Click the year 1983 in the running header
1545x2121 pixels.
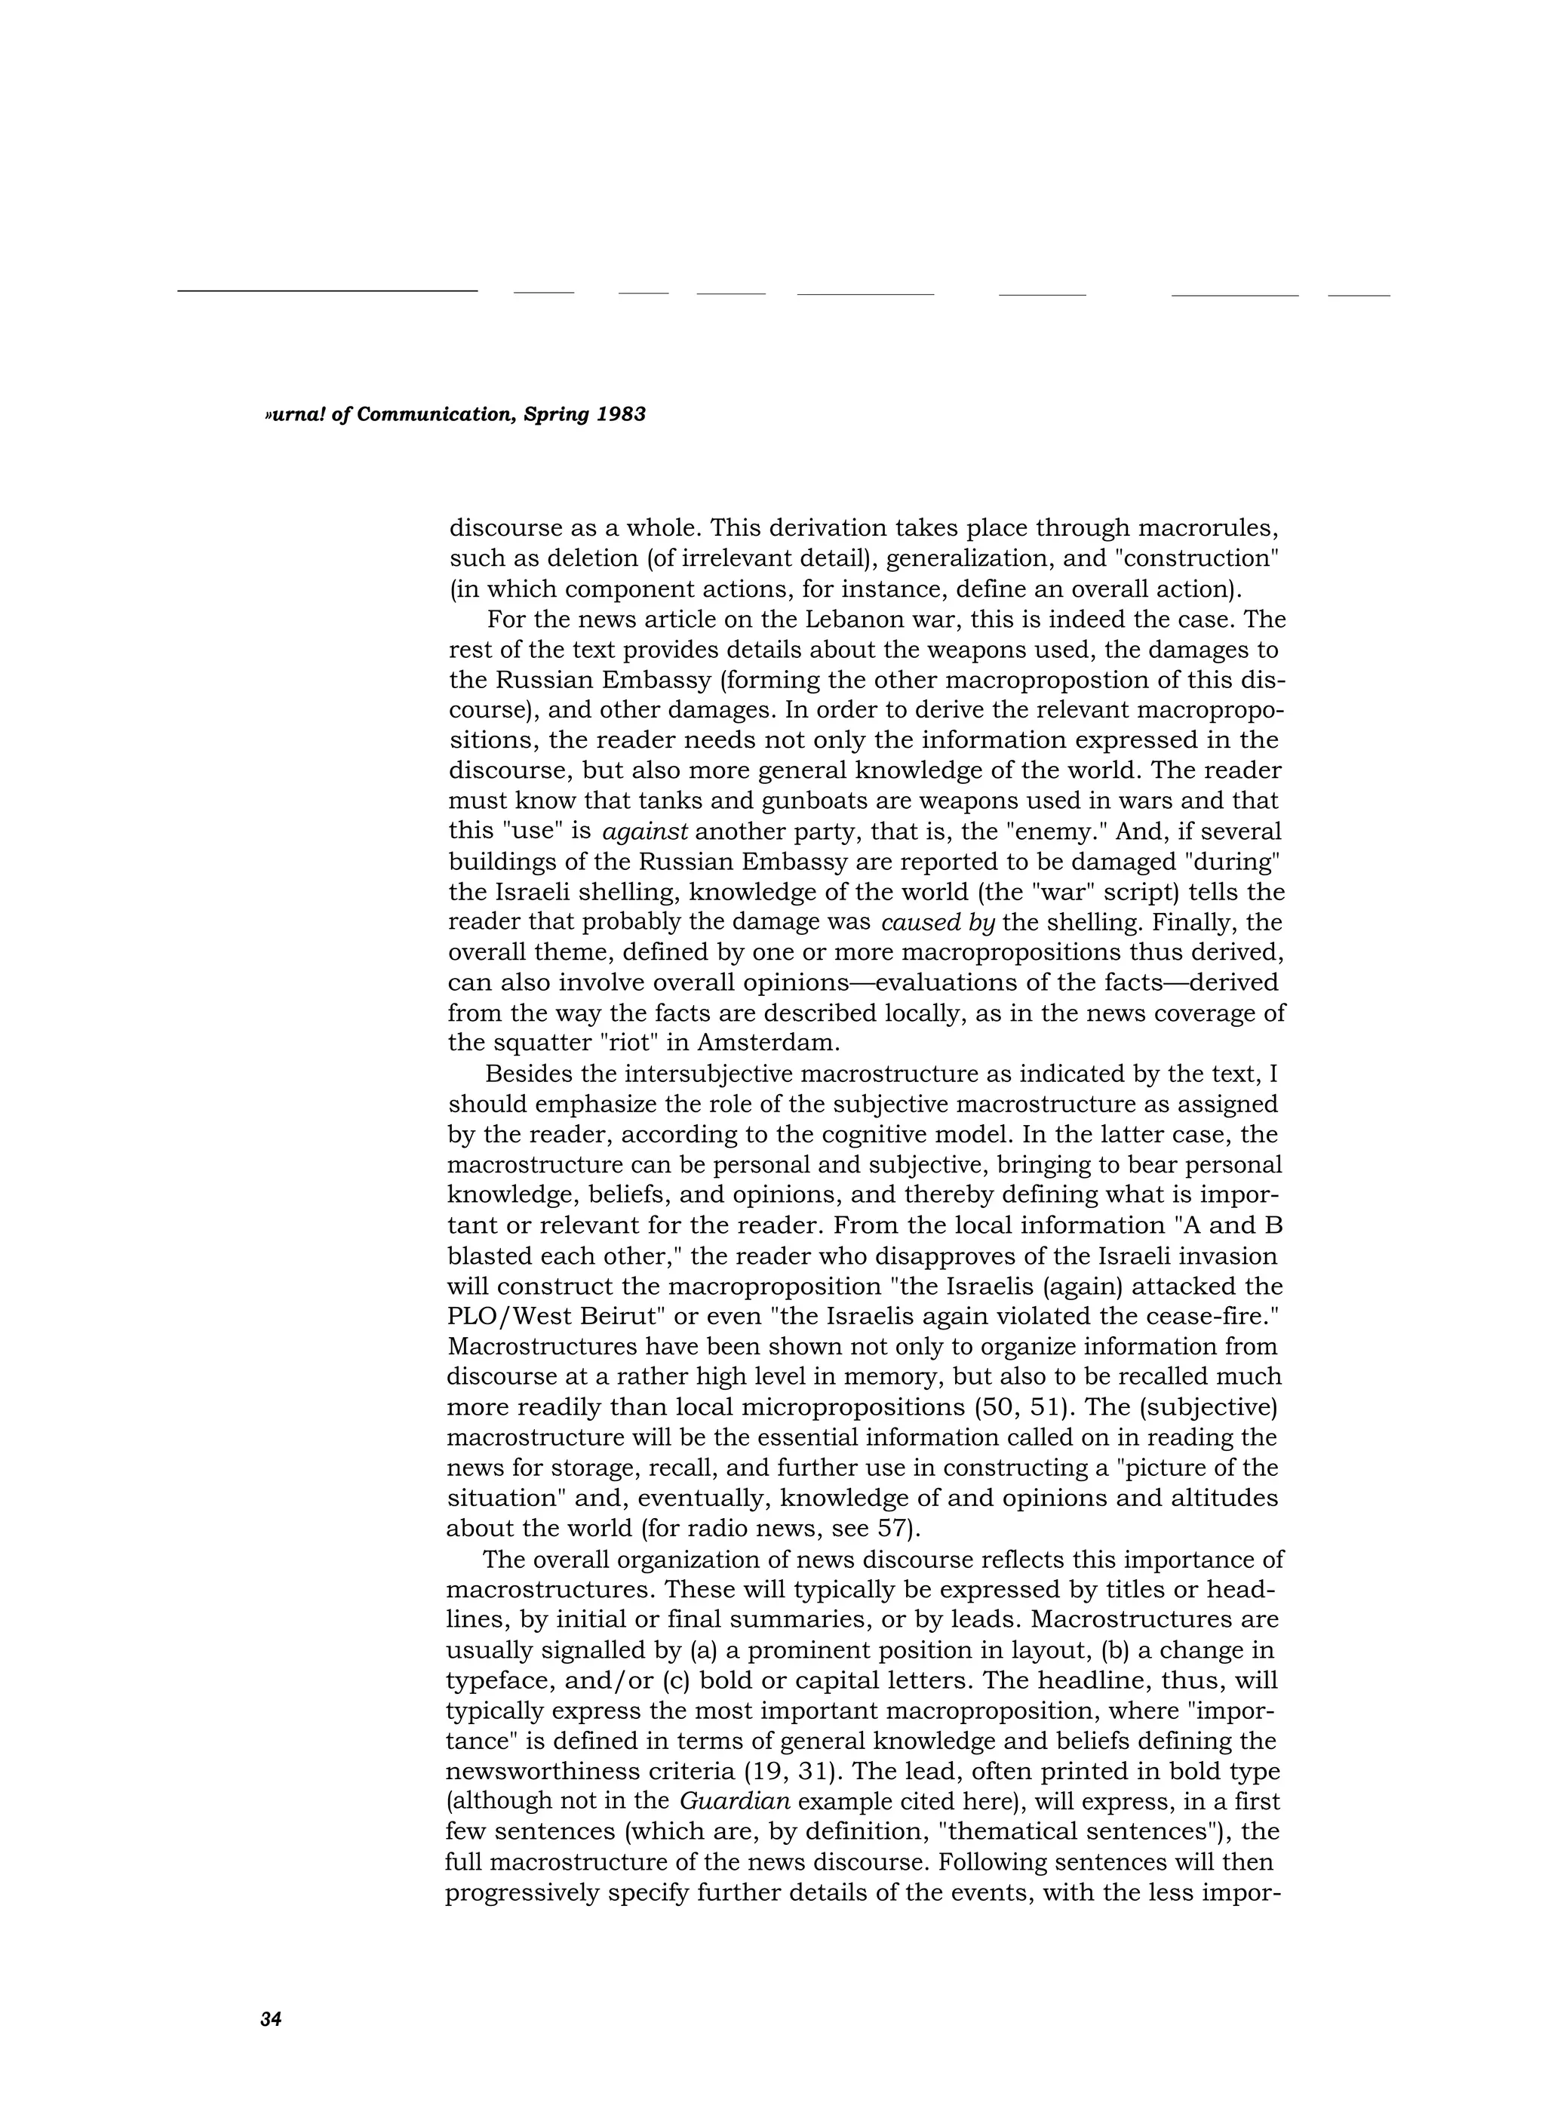coord(621,414)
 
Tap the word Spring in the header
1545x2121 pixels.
coord(557,414)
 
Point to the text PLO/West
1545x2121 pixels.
coord(505,1317)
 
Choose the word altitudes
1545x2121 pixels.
coord(1224,1499)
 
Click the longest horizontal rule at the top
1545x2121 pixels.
coord(327,290)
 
